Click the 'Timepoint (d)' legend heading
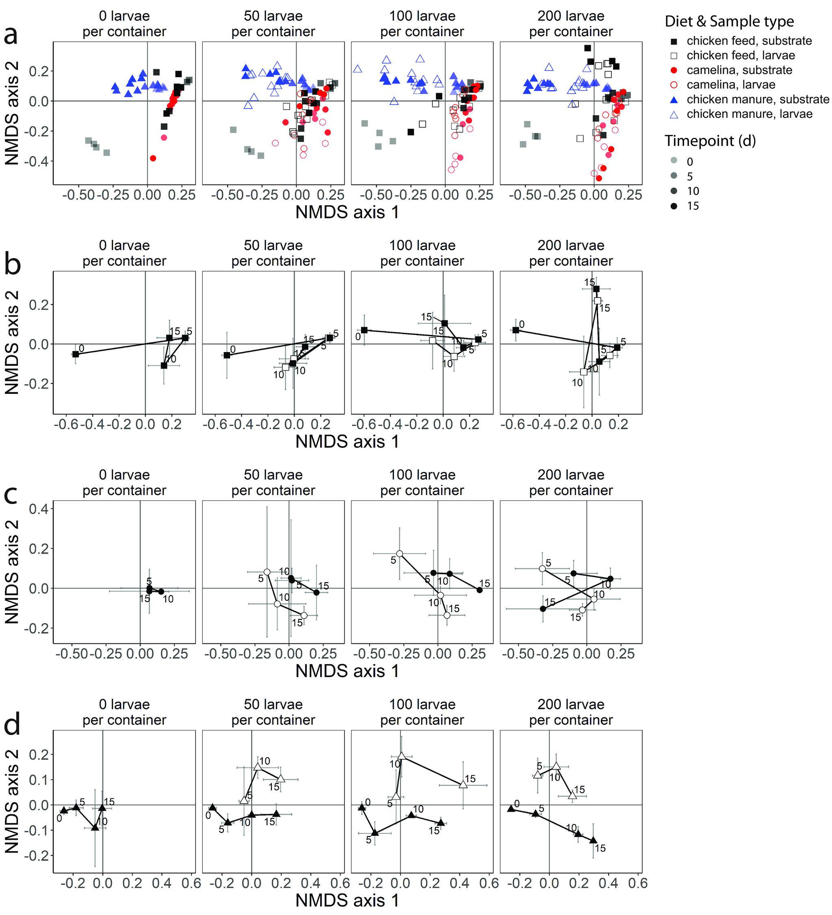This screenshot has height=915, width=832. [710, 141]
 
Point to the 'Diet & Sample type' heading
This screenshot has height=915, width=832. [729, 21]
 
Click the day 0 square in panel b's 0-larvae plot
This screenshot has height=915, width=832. [75, 354]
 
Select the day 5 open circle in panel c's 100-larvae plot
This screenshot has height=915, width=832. [399, 554]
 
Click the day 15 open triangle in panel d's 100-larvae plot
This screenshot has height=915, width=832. [463, 784]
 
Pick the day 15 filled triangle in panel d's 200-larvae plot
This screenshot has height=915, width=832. [593, 840]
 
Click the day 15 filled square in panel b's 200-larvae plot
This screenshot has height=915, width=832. [596, 289]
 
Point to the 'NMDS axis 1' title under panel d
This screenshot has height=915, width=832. [347, 900]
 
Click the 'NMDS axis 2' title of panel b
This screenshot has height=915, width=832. [12, 343]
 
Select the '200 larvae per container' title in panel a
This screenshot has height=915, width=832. [571, 24]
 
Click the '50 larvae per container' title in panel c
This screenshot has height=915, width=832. [273, 482]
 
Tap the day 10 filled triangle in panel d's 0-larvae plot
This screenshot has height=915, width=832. [95, 827]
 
